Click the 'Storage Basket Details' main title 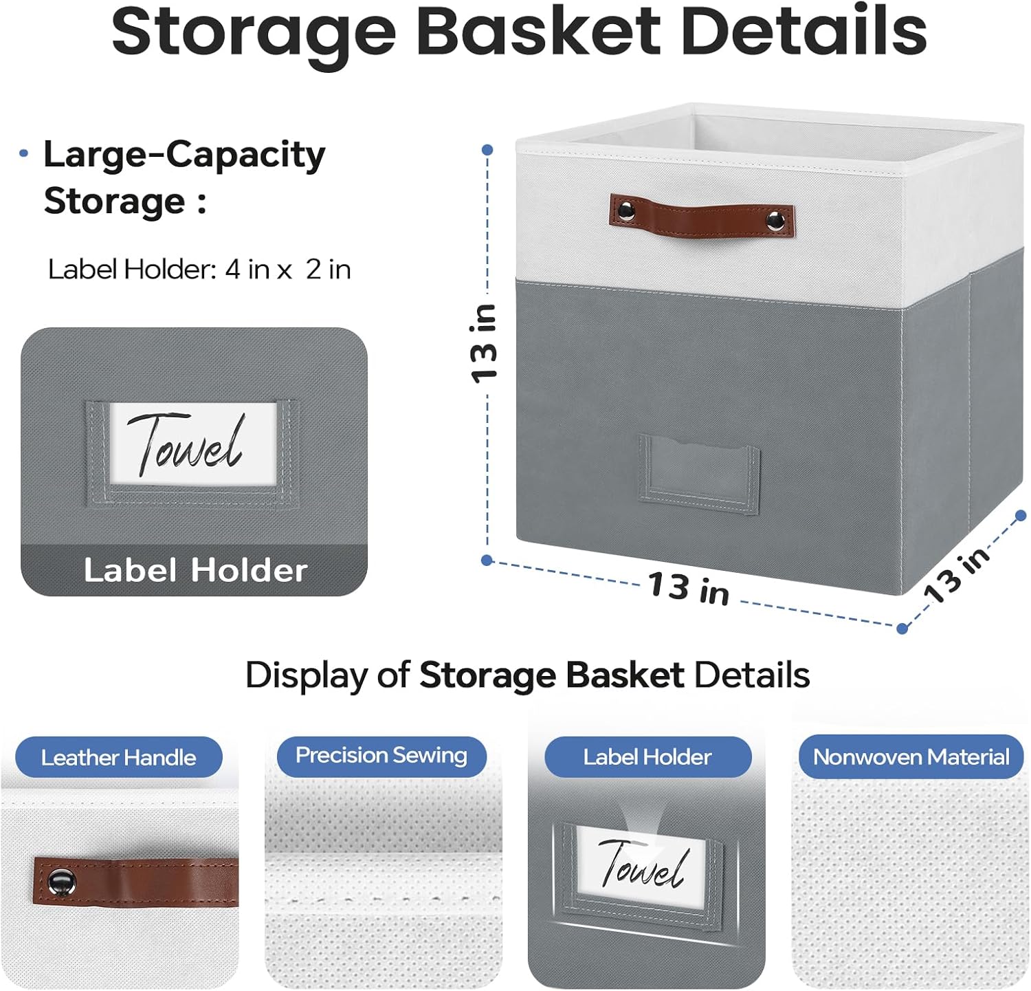click(x=519, y=32)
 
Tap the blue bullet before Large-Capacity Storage click(x=24, y=153)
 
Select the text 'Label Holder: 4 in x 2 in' click(x=199, y=270)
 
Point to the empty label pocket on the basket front click(x=698, y=474)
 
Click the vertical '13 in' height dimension click(x=484, y=342)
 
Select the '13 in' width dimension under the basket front click(x=689, y=589)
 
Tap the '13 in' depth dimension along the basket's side click(x=957, y=574)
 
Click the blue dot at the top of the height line click(x=487, y=150)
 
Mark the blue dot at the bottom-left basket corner click(x=487, y=560)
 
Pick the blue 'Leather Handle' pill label click(x=118, y=757)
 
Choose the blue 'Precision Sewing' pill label click(x=381, y=756)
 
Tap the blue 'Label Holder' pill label click(x=647, y=757)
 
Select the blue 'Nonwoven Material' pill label click(x=911, y=757)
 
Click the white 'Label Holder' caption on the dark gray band click(x=195, y=570)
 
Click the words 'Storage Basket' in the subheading click(x=551, y=675)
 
